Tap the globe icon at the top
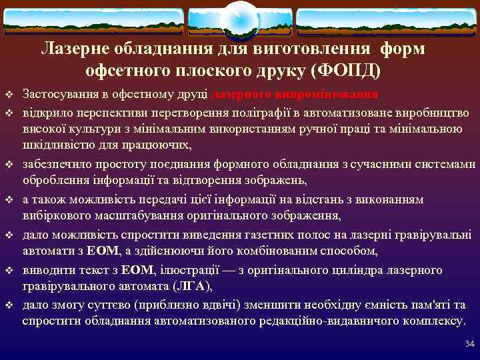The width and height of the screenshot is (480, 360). click(x=239, y=19)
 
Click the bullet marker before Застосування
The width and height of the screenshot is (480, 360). click(x=8, y=94)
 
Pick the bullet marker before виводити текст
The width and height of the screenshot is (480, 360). click(x=8, y=270)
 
